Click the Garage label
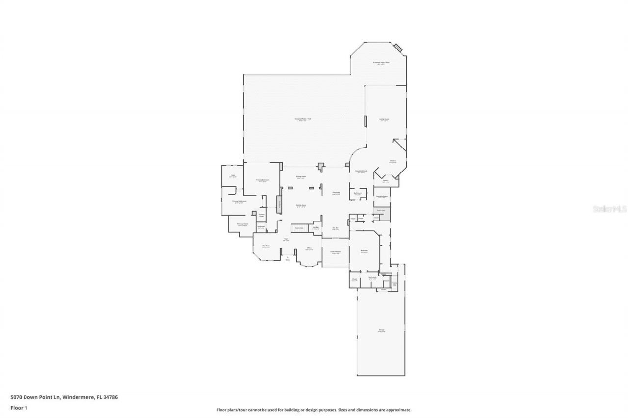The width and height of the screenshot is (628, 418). tap(381, 330)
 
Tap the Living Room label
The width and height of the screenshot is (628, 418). tap(384, 119)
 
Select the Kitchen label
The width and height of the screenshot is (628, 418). tap(392, 161)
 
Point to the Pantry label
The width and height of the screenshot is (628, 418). tap(385, 181)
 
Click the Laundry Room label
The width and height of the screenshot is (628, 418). tap(382, 197)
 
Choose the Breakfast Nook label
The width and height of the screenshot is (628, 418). tap(362, 171)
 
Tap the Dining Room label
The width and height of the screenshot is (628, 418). tap(301, 176)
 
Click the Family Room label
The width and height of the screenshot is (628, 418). tap(301, 205)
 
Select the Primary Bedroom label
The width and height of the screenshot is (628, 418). tap(262, 180)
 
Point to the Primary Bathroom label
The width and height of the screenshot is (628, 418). tap(239, 201)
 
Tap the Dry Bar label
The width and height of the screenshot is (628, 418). tap(336, 228)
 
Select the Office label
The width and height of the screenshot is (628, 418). tap(309, 249)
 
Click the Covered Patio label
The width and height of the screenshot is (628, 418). tap(336, 252)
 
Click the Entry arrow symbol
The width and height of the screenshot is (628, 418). tap(288, 256)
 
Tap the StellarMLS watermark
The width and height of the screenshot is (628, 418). tap(610, 208)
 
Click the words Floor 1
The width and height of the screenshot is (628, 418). tap(18, 407)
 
